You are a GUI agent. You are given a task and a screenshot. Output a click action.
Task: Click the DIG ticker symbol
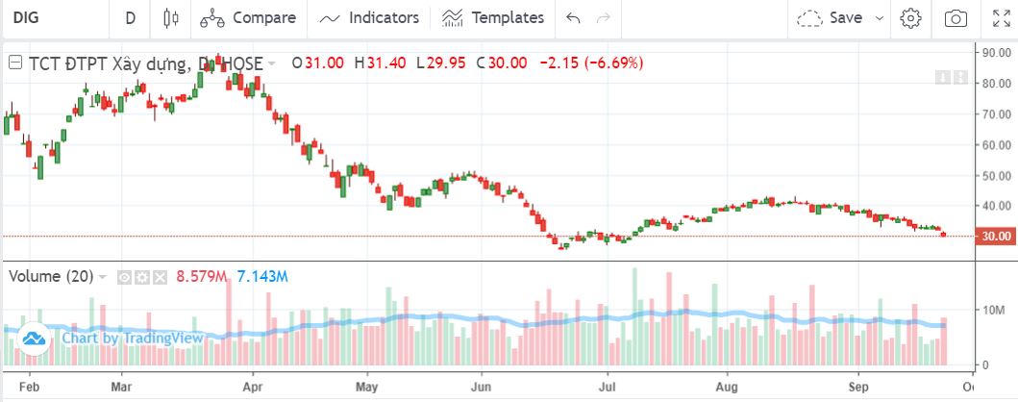27,17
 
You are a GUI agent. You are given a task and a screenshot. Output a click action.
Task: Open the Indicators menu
371,17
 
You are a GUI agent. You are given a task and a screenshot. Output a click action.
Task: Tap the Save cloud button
832,17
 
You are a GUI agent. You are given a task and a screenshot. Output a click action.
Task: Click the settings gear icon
911,17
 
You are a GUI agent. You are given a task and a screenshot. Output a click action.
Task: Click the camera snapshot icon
956,17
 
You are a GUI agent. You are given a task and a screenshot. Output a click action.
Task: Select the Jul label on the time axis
606,389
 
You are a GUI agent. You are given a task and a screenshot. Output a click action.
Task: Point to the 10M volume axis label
991,310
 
